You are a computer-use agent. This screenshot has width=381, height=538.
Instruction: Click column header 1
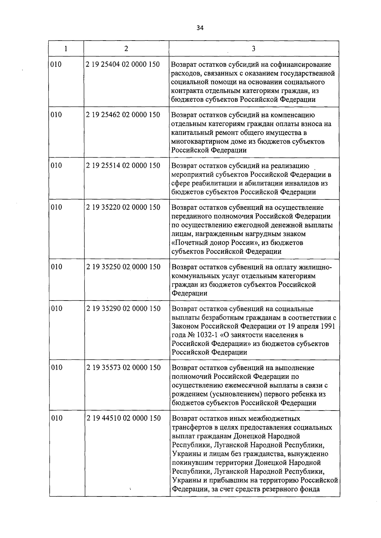click(66, 49)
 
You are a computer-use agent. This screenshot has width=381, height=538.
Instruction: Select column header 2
click(126, 49)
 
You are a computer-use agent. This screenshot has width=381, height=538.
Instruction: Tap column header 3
click(253, 49)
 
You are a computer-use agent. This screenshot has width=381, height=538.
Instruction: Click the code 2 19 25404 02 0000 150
click(123, 64)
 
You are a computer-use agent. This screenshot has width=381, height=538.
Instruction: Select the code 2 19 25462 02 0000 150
click(123, 115)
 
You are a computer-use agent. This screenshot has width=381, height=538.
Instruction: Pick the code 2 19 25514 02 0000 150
click(123, 165)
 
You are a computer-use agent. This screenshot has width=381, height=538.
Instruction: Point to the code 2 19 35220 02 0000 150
click(123, 207)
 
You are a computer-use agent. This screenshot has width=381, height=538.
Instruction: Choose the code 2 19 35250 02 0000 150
click(123, 267)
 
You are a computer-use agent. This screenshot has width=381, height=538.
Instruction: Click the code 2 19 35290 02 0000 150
click(123, 308)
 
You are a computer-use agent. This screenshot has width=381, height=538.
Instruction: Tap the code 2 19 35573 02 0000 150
click(123, 368)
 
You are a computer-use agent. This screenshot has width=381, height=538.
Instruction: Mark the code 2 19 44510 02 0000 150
click(123, 418)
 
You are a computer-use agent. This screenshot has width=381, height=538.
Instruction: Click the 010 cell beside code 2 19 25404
click(56, 64)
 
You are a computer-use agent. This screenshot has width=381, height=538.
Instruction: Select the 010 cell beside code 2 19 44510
click(57, 418)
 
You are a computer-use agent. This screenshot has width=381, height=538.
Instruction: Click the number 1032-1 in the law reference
click(203, 335)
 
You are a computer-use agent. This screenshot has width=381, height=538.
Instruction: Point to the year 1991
click(328, 326)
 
